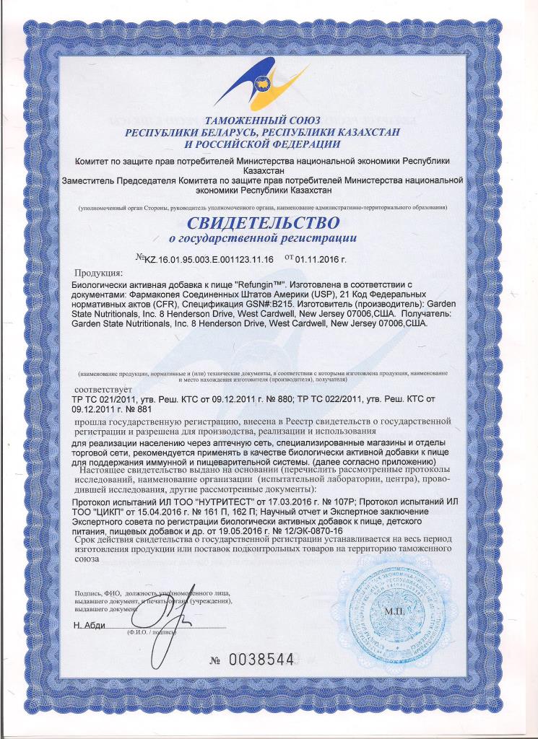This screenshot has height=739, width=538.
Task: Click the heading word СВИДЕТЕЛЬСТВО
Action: pos(269,219)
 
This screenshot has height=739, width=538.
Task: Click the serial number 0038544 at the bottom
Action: pos(262,659)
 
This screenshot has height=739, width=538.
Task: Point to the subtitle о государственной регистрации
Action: pos(269,236)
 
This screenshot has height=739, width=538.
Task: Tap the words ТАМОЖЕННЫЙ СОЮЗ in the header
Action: pos(268,122)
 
